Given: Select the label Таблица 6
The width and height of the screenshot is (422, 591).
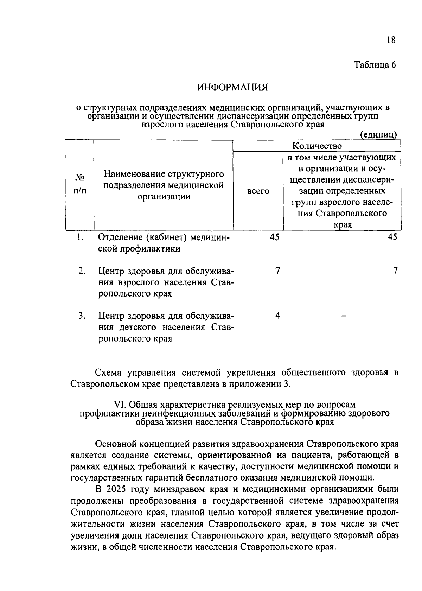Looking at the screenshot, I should [x=375, y=65].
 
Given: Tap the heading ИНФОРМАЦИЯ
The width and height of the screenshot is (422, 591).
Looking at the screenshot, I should [x=232, y=87].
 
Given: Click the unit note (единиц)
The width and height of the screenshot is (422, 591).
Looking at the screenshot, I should [x=378, y=134].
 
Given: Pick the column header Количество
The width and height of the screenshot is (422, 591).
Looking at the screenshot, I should [x=317, y=146].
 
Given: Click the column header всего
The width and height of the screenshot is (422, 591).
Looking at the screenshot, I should [x=258, y=191].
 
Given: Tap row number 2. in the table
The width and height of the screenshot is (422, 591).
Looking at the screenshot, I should [x=82, y=271].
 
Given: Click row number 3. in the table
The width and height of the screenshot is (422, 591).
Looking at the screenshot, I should [x=82, y=316].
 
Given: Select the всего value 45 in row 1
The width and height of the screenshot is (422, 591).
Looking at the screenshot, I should [x=275, y=237].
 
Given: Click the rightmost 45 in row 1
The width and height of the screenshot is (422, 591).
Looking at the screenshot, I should [x=392, y=237].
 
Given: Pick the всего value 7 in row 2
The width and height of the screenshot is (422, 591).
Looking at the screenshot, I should [x=277, y=271].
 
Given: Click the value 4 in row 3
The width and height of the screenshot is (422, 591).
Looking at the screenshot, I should [x=277, y=316].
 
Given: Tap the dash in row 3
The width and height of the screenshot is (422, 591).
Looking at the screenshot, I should [x=344, y=317].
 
